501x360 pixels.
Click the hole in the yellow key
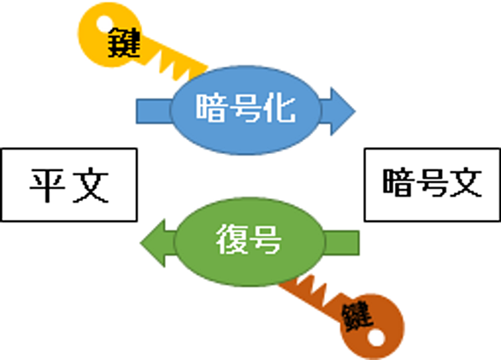(x=105, y=24)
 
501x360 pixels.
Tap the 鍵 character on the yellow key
(x=124, y=43)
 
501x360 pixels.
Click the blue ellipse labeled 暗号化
(x=245, y=110)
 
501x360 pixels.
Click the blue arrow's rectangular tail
(x=154, y=111)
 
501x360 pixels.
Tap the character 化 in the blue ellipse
(x=280, y=108)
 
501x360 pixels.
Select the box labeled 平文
(x=69, y=185)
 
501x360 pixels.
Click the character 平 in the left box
(x=48, y=185)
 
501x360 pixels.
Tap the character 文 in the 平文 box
(x=91, y=185)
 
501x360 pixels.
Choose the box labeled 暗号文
(x=433, y=185)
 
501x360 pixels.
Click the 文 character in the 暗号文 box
(x=466, y=182)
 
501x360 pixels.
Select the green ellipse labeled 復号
(x=250, y=242)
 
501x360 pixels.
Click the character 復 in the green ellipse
(x=232, y=239)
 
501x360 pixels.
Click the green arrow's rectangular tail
(x=342, y=243)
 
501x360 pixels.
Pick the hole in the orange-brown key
(x=376, y=337)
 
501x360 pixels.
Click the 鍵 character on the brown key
(x=357, y=316)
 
